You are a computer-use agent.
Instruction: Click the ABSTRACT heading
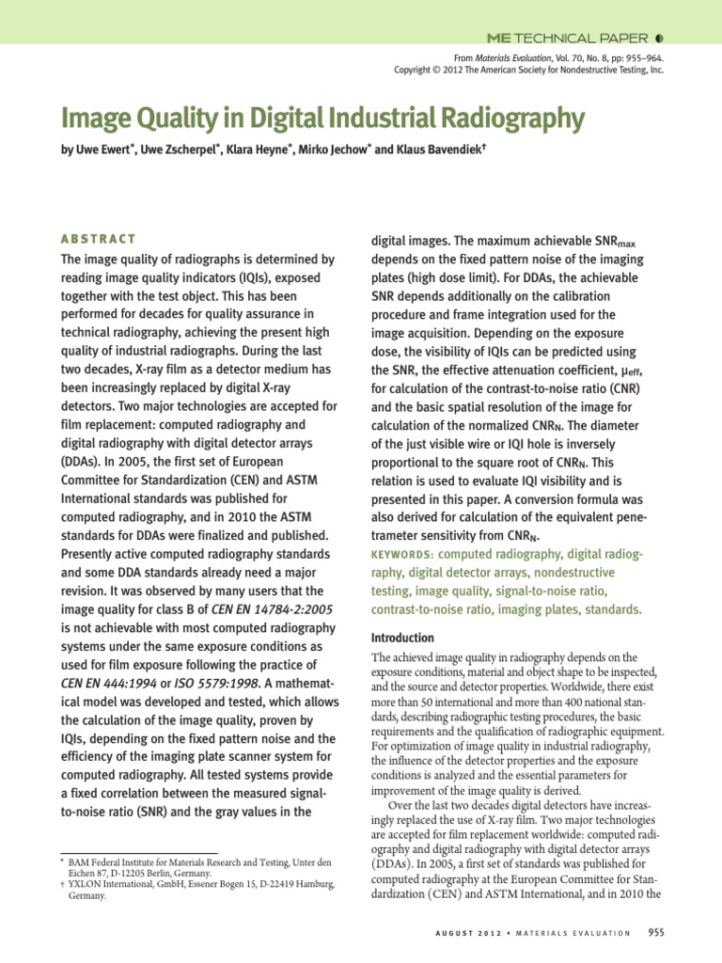click(98, 240)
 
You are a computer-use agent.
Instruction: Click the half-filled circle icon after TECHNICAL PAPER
click(659, 39)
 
